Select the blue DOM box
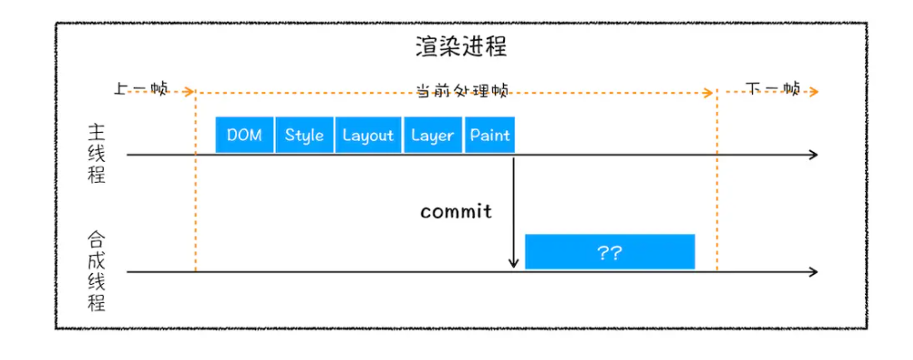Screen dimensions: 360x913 (244, 135)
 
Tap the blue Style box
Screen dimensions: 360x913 (304, 135)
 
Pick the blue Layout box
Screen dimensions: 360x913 (368, 135)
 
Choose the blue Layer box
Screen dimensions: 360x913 (432, 135)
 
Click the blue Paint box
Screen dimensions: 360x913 (490, 135)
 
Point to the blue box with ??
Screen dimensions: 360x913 (610, 252)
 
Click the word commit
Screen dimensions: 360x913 (456, 212)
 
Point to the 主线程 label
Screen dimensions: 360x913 (97, 153)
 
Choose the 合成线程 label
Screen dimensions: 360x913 (97, 270)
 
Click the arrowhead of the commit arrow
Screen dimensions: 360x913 (514, 263)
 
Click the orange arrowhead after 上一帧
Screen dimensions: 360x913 (189, 91)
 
